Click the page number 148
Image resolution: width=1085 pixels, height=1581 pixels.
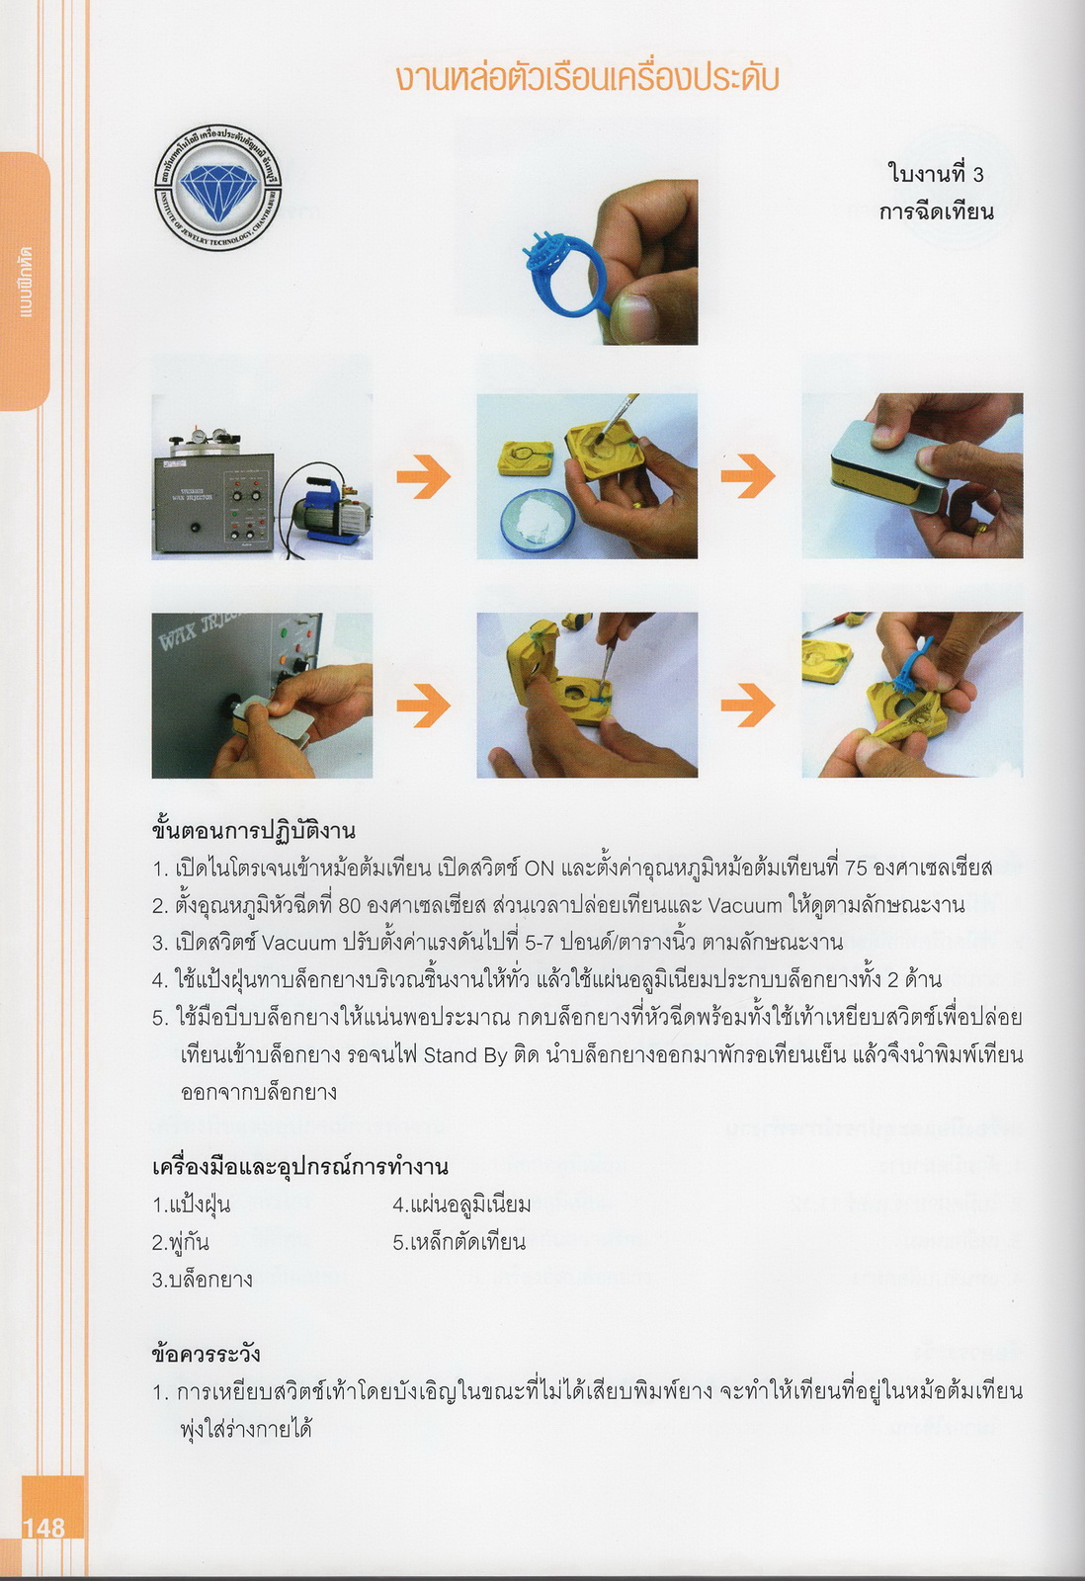[43, 1528]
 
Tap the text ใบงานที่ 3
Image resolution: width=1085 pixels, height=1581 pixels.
[936, 174]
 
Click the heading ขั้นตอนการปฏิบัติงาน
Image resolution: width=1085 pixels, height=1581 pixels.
[253, 830]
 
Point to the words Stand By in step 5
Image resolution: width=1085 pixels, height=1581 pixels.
[460, 1055]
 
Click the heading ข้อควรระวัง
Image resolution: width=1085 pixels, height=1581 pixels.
[207, 1354]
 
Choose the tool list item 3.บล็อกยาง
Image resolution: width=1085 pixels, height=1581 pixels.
[202, 1280]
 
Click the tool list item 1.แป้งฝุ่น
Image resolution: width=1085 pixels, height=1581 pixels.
[191, 1205]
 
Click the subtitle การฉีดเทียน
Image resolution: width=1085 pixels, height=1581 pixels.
[936, 211]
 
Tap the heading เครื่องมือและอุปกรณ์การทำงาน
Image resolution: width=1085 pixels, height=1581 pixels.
[300, 1167]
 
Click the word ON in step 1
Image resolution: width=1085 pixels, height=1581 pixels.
[540, 868]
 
